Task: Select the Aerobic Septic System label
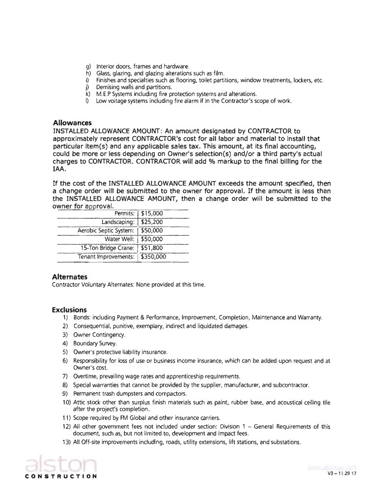click(x=106, y=230)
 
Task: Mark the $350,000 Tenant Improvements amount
click(x=153, y=256)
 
